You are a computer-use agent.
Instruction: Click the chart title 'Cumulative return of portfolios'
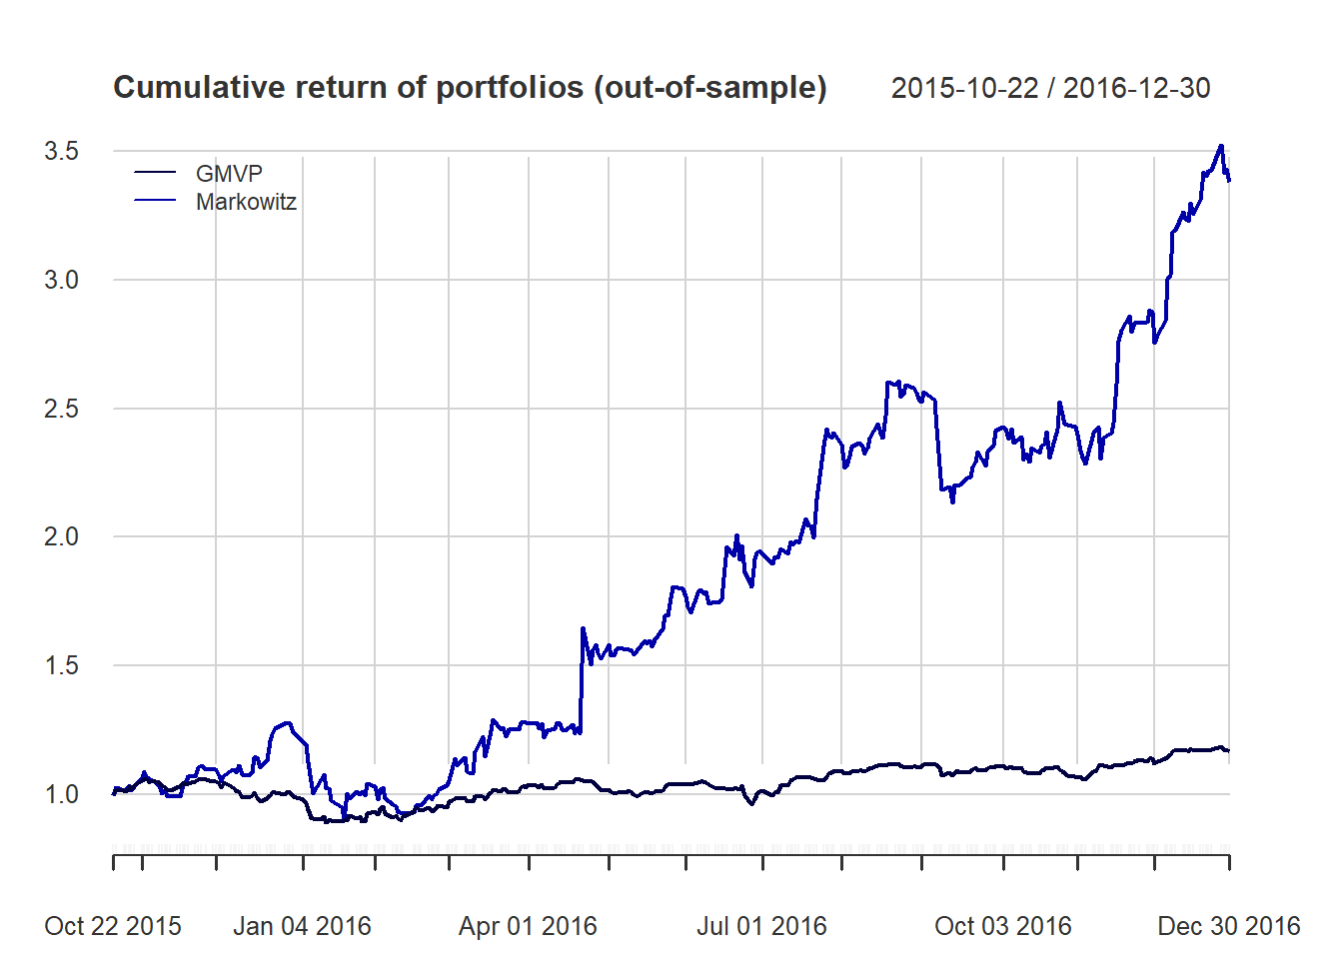[470, 88]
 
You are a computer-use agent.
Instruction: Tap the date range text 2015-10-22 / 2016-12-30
[1050, 88]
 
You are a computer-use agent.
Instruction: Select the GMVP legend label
[229, 174]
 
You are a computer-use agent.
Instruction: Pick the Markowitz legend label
[246, 202]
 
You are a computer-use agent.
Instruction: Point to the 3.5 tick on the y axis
[61, 151]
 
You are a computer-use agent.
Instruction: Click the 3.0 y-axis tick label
[61, 280]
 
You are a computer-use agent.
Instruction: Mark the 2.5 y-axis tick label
[61, 409]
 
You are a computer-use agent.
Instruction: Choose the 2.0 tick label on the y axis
[61, 536]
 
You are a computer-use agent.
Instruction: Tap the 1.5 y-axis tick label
[61, 665]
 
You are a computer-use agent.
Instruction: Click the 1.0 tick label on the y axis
[61, 794]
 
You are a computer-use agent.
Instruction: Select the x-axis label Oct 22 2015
[113, 926]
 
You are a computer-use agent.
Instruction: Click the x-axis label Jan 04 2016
[302, 926]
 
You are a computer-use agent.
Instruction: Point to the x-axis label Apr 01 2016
[528, 926]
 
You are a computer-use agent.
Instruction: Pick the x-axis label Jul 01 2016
[761, 926]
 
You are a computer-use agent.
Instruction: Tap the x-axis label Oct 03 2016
[1003, 926]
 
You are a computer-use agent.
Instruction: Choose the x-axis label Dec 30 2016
[1228, 926]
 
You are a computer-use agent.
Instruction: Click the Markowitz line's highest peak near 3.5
[1221, 146]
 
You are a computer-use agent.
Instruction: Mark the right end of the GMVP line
[1229, 750]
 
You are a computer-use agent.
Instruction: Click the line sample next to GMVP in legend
[155, 174]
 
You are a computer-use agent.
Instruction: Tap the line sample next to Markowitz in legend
[155, 202]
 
